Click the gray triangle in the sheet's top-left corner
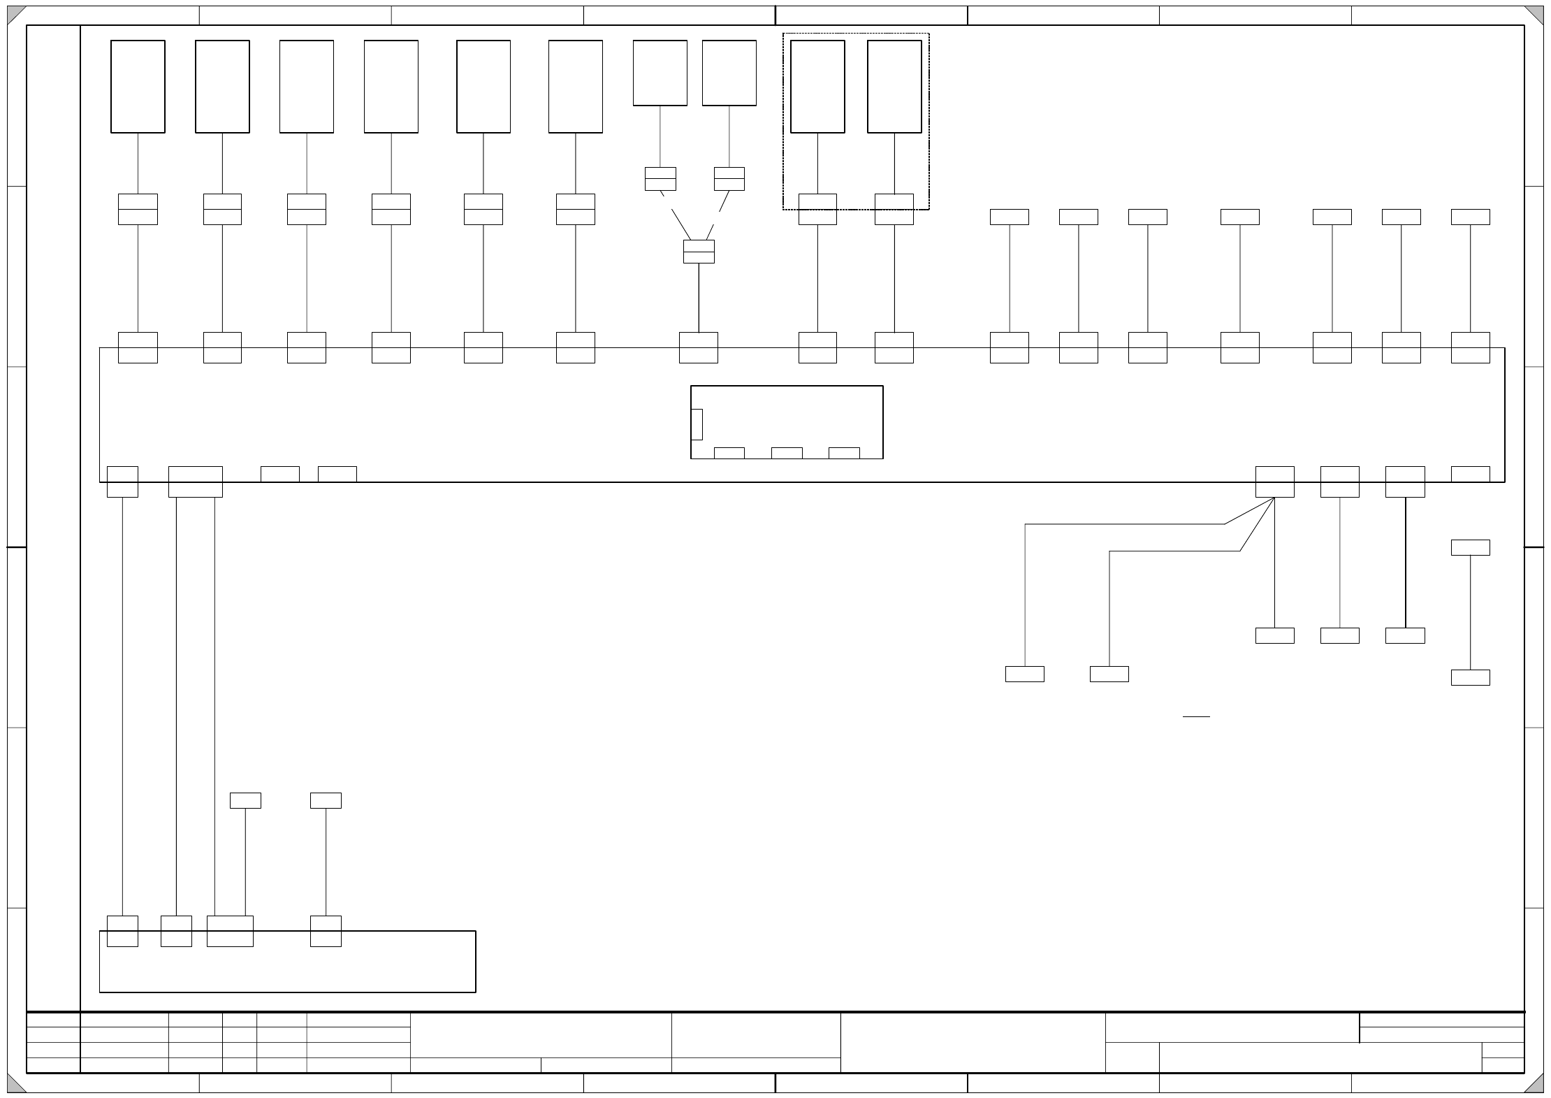(x=14, y=13)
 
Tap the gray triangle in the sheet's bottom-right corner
(x=1536, y=1085)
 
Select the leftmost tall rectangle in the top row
(x=138, y=86)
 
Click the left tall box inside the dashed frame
(x=817, y=86)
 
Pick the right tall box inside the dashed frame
(x=894, y=86)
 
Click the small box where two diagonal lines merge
(x=699, y=252)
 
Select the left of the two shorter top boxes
(x=660, y=73)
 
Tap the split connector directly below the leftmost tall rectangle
(x=138, y=209)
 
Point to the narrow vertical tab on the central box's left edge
(x=697, y=424)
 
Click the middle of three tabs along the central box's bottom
(x=787, y=453)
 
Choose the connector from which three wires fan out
(x=1274, y=482)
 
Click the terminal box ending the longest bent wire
(x=1024, y=674)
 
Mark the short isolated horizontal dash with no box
(x=1196, y=716)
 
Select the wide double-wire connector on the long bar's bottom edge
(x=196, y=482)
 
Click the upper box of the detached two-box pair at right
(x=1470, y=547)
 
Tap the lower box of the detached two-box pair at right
(x=1470, y=677)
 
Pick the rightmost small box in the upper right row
(x=1470, y=217)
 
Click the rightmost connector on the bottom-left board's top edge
(x=326, y=931)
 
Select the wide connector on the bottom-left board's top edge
(x=230, y=931)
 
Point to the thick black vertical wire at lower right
(x=1405, y=563)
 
